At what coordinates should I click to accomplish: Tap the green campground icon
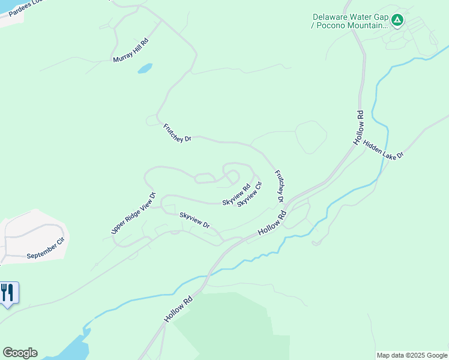tap(397, 21)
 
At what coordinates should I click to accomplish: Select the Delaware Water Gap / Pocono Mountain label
tap(350, 21)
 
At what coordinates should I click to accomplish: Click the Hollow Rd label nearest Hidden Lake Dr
tap(359, 128)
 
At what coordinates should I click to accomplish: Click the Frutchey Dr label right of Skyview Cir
tap(279, 185)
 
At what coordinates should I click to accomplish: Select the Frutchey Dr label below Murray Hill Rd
tap(177, 133)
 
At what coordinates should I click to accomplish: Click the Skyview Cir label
tap(250, 194)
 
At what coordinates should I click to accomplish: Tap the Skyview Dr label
tap(194, 220)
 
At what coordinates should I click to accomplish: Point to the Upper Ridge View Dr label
tap(133, 213)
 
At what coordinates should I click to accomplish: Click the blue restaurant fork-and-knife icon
tap(8, 293)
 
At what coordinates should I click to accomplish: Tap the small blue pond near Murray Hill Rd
tap(145, 68)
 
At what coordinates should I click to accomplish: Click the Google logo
tap(20, 353)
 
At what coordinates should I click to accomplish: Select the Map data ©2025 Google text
tap(412, 355)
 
